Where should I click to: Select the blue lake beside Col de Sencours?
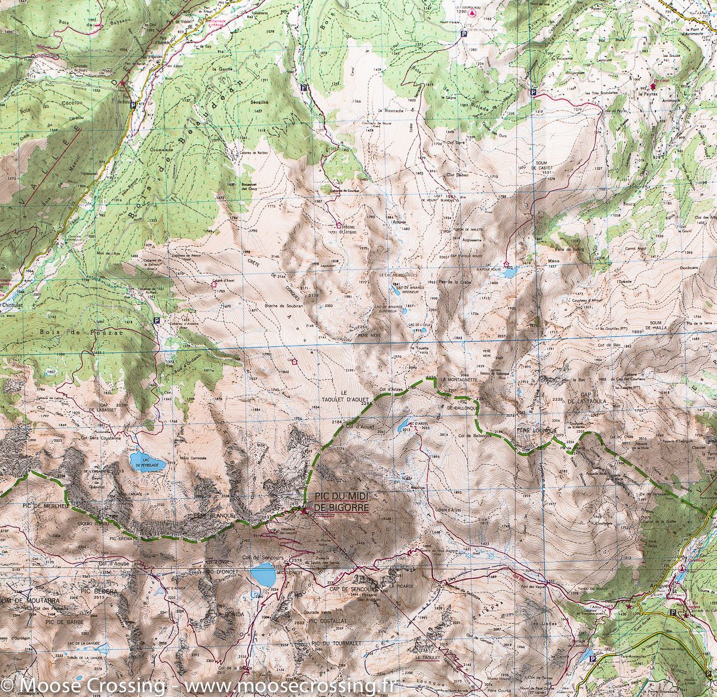click(x=263, y=575)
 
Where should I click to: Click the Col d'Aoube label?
click(x=114, y=563)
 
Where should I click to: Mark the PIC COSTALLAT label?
click(x=328, y=621)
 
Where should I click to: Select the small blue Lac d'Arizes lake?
click(x=399, y=426)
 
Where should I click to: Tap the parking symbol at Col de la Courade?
click(x=464, y=35)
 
